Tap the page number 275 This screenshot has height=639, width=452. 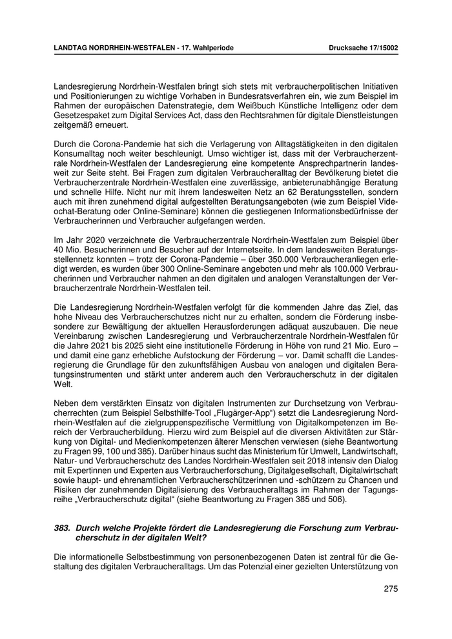tap(390, 588)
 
